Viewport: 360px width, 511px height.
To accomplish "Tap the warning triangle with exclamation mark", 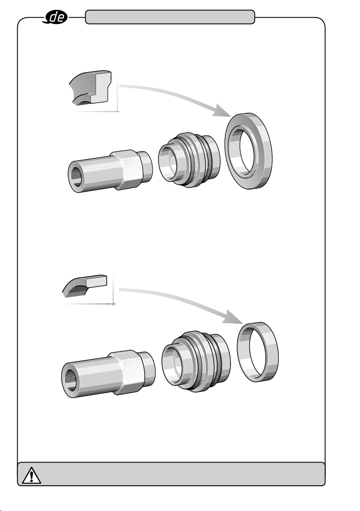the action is pyautogui.click(x=31, y=475).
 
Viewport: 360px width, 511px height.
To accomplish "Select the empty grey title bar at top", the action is pyautogui.click(x=170, y=17).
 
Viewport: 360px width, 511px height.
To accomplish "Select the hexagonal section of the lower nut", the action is pyautogui.click(x=127, y=372).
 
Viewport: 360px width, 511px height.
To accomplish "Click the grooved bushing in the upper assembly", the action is pyautogui.click(x=189, y=159).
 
